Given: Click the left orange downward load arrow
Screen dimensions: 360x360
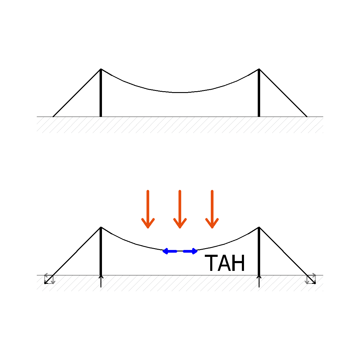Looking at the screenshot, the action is tap(148, 209).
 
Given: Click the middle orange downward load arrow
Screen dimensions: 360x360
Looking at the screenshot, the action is tap(180, 209).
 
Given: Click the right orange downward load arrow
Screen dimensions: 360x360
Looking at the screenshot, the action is tap(212, 209).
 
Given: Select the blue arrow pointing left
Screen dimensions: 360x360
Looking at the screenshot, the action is tap(170, 251).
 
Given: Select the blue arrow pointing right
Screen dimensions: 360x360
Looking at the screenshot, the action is tap(190, 251).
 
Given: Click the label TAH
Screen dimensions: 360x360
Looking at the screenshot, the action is tap(225, 263).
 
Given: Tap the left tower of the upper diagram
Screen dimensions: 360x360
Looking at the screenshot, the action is tap(101, 93).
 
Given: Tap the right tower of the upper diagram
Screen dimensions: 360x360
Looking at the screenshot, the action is tap(259, 93).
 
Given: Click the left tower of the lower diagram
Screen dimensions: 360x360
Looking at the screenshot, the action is tap(101, 251).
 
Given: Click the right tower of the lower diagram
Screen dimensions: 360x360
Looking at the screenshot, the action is tap(259, 251).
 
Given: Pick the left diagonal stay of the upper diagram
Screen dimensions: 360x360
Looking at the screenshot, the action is tap(77, 93).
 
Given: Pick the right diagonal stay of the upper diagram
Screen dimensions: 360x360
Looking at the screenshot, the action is tap(283, 93).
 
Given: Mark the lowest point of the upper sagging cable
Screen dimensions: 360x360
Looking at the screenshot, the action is tap(180, 92).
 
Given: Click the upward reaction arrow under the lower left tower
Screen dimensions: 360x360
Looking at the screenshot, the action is tap(101, 281).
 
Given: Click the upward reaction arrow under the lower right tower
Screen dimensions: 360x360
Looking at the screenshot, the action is tap(259, 281).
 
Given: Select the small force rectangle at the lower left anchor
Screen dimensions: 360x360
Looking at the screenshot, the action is tap(49, 279).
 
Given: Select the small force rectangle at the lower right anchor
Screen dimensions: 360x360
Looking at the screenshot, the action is tap(311, 279).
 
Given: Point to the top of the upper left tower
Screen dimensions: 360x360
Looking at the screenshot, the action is tap(101, 69).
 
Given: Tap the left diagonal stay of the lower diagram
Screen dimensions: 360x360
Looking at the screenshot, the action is tap(73, 255).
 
